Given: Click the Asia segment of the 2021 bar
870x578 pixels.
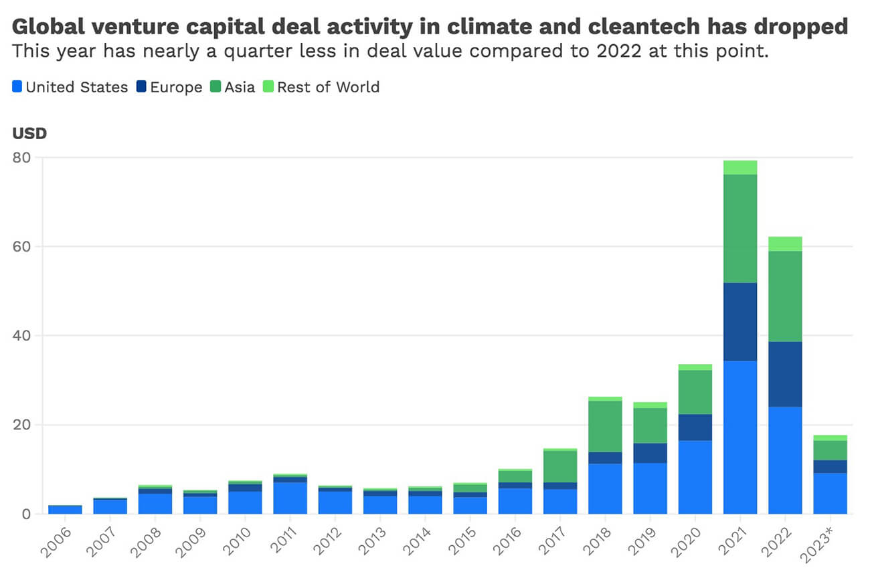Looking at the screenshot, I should pos(740,228).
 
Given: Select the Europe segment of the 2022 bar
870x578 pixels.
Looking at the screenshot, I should pos(785,374).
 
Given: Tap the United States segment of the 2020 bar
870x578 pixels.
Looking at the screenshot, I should pos(695,476).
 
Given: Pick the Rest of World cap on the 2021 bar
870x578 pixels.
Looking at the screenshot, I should pos(740,167).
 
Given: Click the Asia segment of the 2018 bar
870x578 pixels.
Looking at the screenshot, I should pos(605,426).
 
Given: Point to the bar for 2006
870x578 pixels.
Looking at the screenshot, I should pos(65,509).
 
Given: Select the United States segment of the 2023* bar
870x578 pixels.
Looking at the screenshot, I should pos(830,493).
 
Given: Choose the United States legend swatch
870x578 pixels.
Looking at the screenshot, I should pos(17,87).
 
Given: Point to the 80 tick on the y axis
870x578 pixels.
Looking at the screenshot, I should pos(26,158).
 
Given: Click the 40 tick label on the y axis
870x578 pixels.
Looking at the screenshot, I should pos(26,336).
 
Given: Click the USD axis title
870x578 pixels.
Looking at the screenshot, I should pos(29,133).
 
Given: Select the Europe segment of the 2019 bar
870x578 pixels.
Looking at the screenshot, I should pos(650,453).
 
